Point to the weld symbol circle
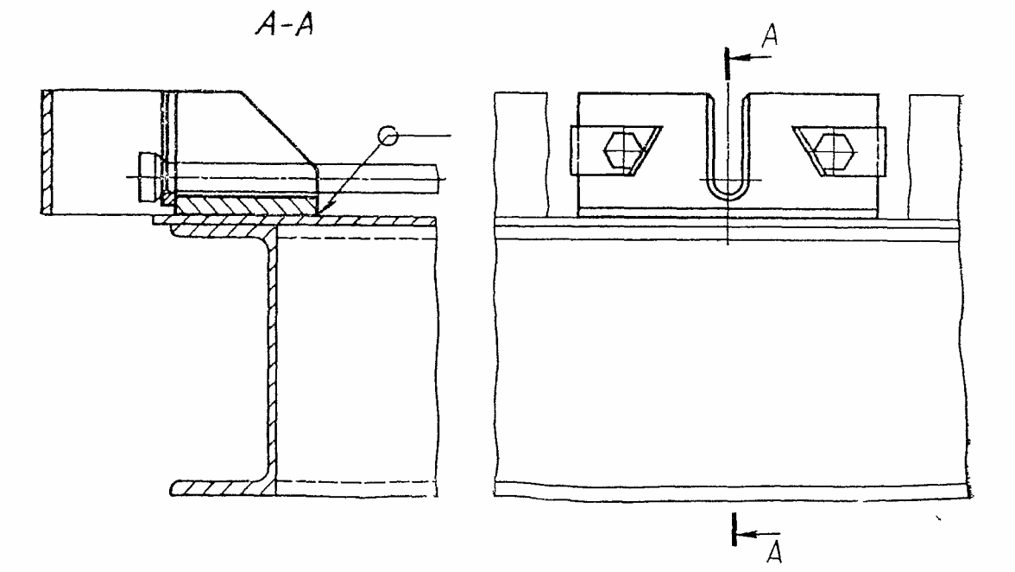point(388,136)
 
